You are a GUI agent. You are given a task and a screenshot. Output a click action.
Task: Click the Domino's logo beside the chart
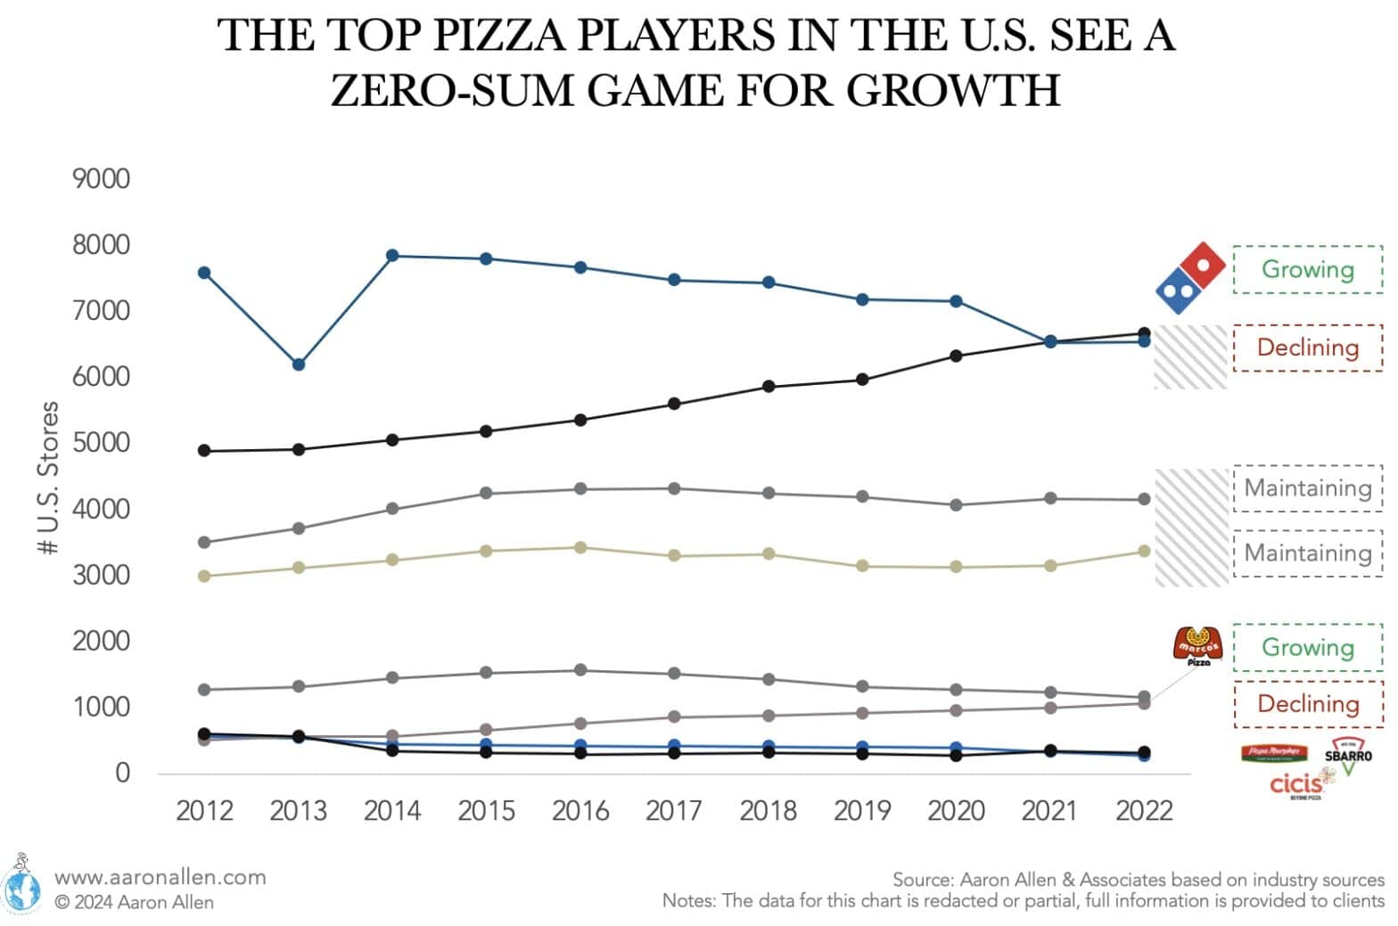(1190, 277)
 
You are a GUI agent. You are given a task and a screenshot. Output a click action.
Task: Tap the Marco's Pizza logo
(1197, 646)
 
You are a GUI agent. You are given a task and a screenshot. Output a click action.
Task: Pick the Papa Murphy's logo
(1274, 753)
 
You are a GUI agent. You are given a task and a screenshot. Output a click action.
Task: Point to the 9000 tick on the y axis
(101, 179)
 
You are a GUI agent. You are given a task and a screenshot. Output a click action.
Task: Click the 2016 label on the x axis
(580, 811)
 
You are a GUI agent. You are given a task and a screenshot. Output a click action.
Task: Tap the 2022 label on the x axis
(1144, 811)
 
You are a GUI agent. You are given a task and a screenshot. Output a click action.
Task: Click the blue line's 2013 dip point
(299, 365)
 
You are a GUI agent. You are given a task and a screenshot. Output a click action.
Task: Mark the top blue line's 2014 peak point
(392, 256)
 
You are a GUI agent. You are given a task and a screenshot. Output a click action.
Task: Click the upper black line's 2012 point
(204, 451)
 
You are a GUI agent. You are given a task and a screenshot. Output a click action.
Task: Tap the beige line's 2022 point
(1144, 552)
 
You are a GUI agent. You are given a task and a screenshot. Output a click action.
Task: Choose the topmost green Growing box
(1307, 269)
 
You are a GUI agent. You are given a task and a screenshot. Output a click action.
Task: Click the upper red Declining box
(1307, 348)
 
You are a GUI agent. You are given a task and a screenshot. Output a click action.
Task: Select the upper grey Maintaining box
(1307, 488)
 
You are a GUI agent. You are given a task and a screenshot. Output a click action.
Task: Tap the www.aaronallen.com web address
(160, 877)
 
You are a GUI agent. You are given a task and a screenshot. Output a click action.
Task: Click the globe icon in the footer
(21, 887)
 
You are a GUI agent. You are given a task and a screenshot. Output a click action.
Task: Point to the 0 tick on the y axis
(122, 773)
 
